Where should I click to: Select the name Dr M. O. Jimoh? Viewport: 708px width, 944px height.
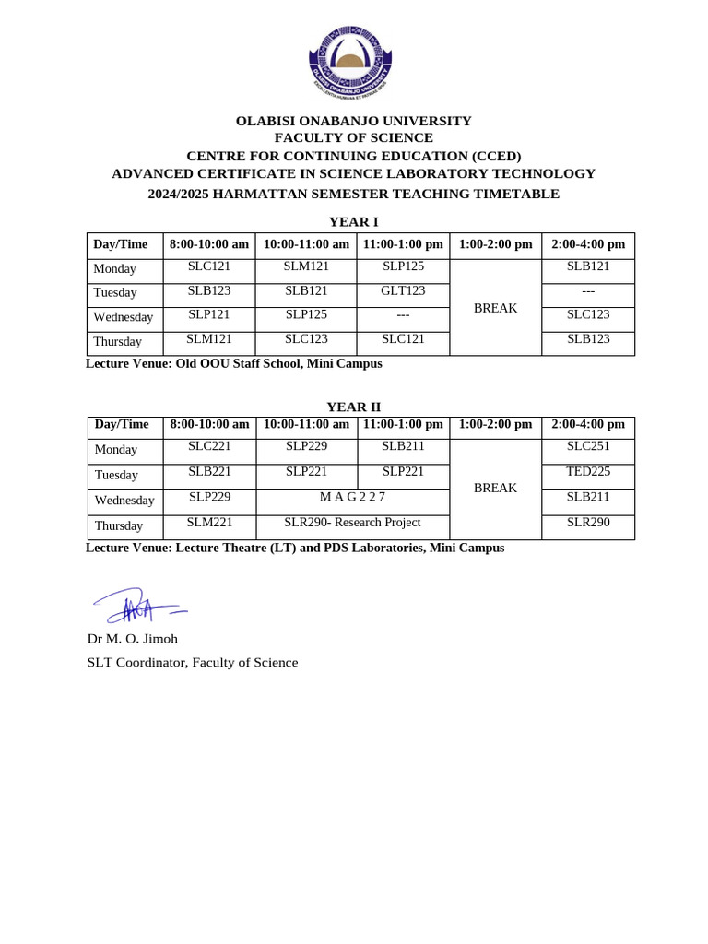[x=132, y=638]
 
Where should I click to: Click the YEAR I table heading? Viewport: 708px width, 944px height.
[x=354, y=221]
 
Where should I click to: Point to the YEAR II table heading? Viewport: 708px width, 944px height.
[x=354, y=407]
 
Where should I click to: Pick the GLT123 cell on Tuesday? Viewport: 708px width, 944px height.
[x=403, y=290]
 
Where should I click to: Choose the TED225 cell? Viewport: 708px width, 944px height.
[x=588, y=471]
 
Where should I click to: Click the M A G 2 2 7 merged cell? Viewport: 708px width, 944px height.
[x=352, y=497]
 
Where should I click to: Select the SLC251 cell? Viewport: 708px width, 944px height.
[x=588, y=446]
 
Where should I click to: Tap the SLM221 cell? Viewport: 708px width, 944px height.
[x=209, y=523]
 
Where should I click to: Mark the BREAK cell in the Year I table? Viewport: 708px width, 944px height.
[x=495, y=308]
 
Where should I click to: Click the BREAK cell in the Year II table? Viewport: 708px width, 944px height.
[x=495, y=488]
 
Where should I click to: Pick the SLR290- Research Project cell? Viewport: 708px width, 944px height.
[x=352, y=523]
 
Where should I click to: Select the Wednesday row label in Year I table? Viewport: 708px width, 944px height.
[x=124, y=317]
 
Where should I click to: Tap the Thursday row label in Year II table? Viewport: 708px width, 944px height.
[x=119, y=525]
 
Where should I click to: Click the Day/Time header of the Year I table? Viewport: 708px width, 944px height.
[x=121, y=244]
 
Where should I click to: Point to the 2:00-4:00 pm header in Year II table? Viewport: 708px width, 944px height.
[x=588, y=424]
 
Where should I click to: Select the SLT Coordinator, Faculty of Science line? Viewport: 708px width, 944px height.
[x=193, y=662]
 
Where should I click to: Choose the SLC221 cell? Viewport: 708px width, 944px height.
[x=209, y=446]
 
